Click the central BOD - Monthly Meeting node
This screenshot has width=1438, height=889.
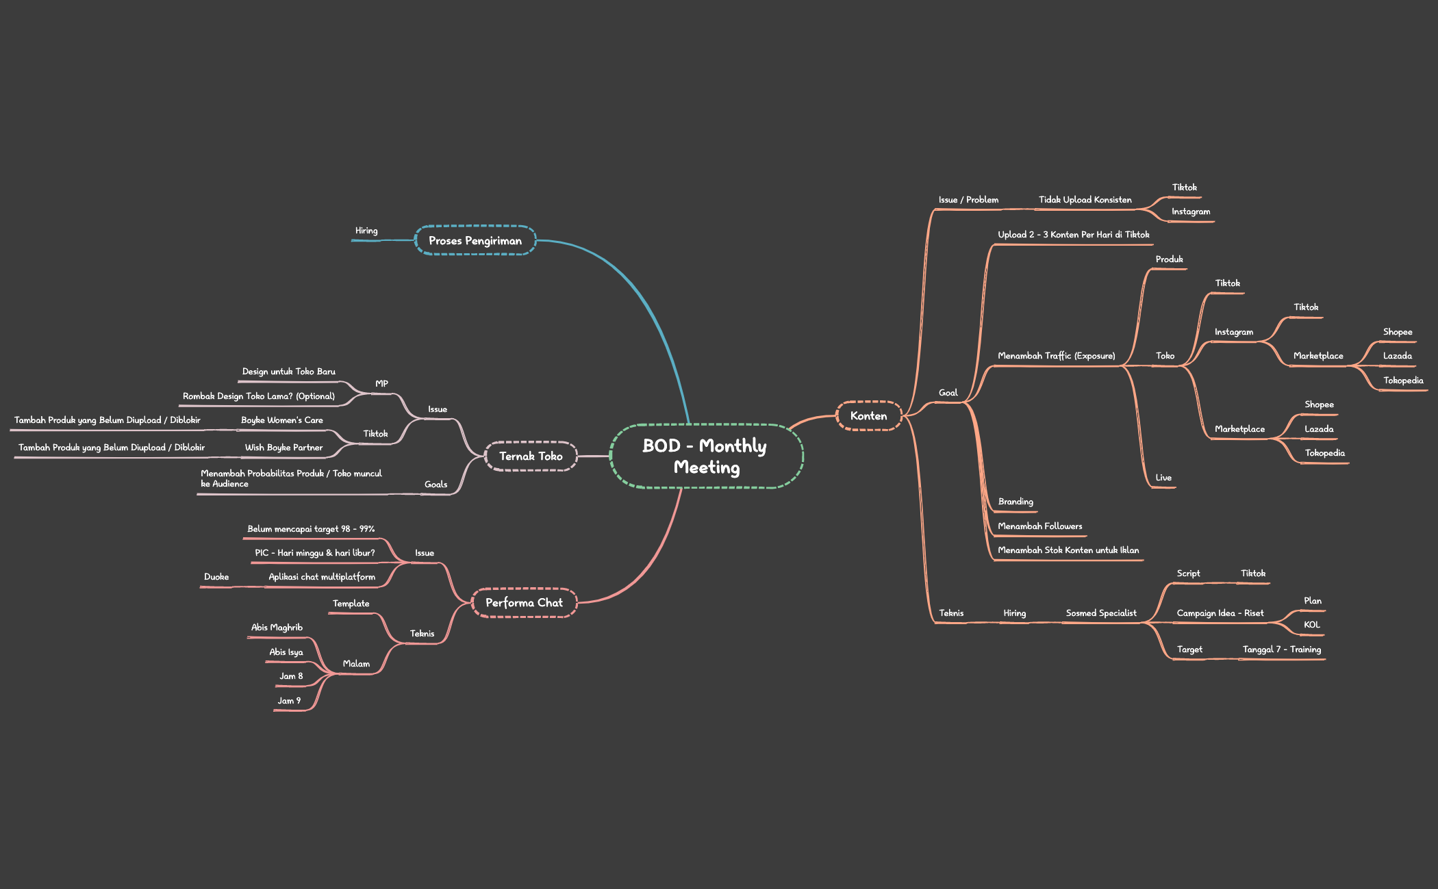(x=706, y=456)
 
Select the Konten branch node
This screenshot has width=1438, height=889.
(x=868, y=415)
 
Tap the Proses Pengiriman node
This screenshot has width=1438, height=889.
(x=475, y=240)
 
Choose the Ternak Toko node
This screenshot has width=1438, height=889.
(x=531, y=456)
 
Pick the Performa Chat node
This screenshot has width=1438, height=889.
(x=524, y=602)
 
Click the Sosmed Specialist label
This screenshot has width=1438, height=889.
(x=1101, y=613)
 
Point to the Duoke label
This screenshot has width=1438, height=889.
(x=216, y=577)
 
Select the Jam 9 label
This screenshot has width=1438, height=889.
(x=289, y=701)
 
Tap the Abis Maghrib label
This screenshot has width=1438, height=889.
(x=277, y=628)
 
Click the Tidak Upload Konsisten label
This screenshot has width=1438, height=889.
(x=1085, y=200)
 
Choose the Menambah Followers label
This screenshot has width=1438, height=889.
(x=1040, y=526)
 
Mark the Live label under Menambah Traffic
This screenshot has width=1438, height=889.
(x=1163, y=478)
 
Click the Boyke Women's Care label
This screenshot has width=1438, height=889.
(x=282, y=420)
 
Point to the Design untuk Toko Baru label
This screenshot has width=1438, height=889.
(x=289, y=372)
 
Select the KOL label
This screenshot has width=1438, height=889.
(x=1312, y=625)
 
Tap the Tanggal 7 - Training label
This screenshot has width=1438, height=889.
(x=1282, y=649)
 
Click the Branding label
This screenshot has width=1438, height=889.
(x=1016, y=502)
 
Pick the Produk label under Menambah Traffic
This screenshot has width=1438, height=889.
(x=1170, y=259)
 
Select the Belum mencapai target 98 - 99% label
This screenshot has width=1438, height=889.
(x=311, y=529)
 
